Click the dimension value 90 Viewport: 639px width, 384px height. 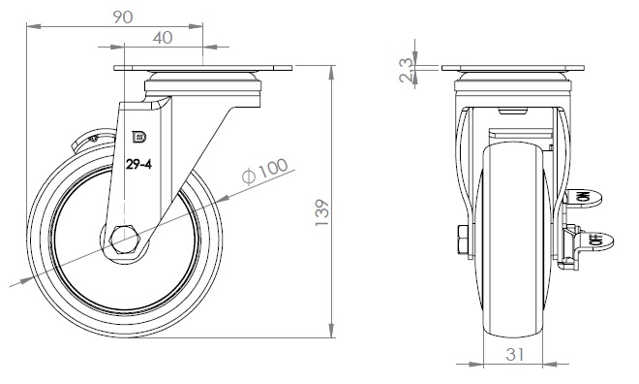tap(123, 17)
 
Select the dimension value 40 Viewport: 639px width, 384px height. tap(163, 38)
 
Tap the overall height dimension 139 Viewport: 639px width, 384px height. tap(322, 212)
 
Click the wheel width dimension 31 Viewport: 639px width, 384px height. tap(515, 355)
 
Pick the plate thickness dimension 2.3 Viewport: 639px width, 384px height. tap(406, 71)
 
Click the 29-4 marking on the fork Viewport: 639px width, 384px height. tap(138, 165)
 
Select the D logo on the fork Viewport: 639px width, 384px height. tap(139, 138)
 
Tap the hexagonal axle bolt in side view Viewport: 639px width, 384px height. tap(125, 240)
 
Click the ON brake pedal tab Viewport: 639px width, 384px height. tap(583, 199)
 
